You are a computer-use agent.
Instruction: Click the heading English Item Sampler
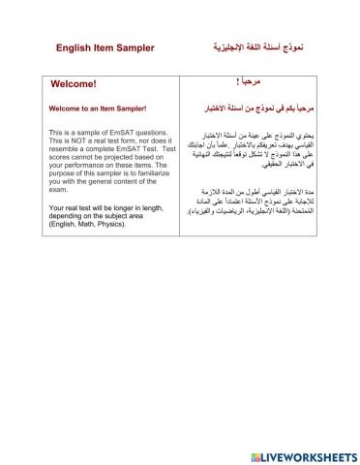(105, 47)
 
